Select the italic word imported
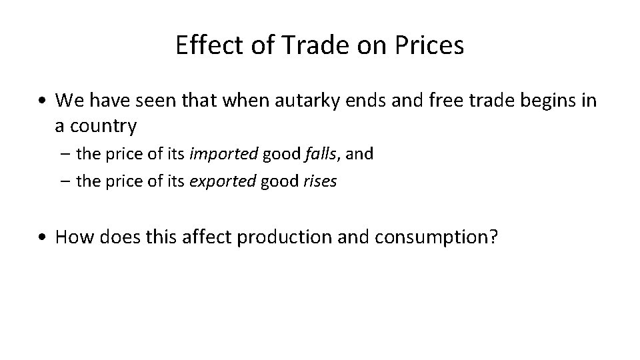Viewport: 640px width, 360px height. click(223, 155)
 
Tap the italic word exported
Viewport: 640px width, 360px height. click(223, 181)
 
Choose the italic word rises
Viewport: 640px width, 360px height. click(321, 181)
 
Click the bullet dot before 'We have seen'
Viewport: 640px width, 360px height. click(43, 101)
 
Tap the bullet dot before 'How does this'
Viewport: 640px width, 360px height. click(43, 237)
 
